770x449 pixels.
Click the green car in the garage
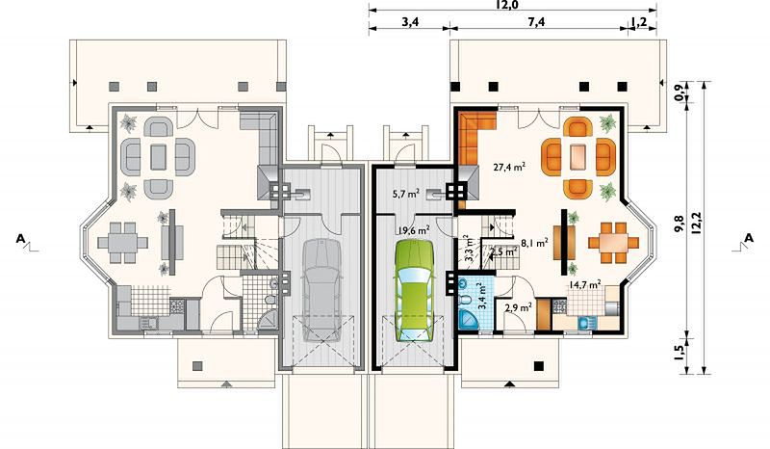[414, 290]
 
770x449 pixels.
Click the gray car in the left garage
[321, 290]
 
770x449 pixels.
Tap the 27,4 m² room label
[509, 167]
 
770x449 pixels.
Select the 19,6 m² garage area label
[414, 229]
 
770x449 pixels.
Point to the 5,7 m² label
[405, 194]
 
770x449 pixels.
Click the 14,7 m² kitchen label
[585, 284]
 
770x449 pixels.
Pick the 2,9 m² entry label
[518, 308]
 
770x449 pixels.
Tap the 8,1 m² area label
[534, 242]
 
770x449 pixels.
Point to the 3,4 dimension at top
[410, 22]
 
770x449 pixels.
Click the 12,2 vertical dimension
[695, 224]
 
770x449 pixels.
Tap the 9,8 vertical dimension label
[680, 224]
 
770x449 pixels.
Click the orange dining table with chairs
[613, 243]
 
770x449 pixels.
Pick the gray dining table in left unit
[123, 243]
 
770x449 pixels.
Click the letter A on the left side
[20, 239]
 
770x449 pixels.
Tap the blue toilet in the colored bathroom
[464, 299]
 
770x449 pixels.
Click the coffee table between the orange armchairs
[578, 157]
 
